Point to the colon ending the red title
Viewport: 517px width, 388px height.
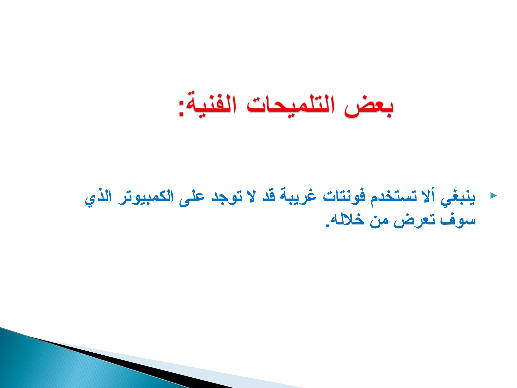pyautogui.click(x=181, y=109)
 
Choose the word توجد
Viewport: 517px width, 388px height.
pyautogui.click(x=226, y=197)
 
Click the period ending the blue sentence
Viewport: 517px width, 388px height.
pyautogui.click(x=328, y=226)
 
